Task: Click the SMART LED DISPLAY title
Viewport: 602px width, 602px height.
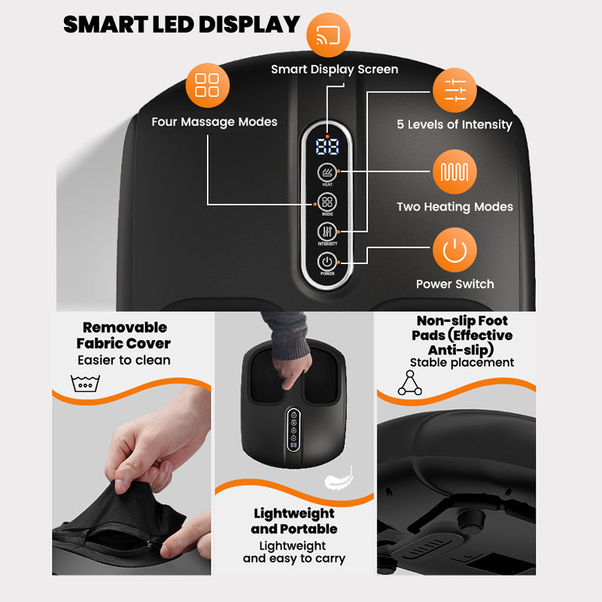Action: [181, 24]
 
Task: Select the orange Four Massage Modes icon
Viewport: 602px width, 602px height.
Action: [207, 84]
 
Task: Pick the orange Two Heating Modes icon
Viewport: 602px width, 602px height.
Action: [455, 172]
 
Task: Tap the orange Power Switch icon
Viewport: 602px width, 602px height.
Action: [455, 250]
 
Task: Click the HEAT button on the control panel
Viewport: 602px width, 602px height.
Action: [327, 172]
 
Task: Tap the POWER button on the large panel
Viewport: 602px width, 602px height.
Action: [327, 262]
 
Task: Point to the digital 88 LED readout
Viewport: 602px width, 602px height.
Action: [327, 146]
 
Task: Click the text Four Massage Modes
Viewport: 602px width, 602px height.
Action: [214, 122]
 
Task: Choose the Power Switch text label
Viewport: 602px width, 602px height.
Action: [455, 284]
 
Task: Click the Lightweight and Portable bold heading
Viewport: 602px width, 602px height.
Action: [294, 521]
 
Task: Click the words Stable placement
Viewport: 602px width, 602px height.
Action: [462, 363]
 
